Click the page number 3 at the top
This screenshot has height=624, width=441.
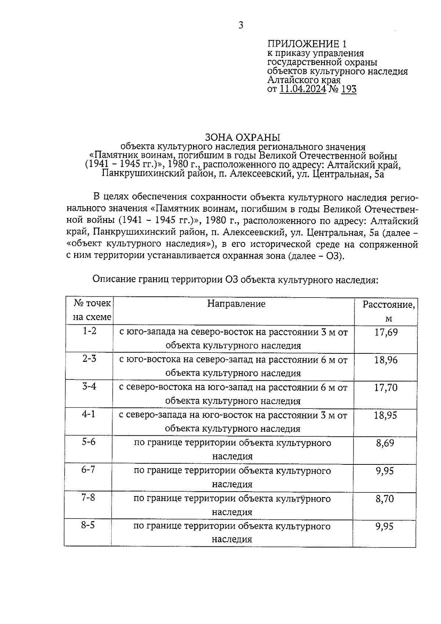(x=241, y=25)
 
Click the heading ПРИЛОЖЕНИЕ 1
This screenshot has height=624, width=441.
(x=307, y=44)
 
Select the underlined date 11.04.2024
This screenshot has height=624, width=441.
(x=303, y=89)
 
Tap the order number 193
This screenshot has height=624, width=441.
(x=348, y=89)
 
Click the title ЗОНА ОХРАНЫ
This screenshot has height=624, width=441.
(x=243, y=138)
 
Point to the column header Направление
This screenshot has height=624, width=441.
(x=236, y=304)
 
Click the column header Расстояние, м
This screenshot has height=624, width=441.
(x=389, y=311)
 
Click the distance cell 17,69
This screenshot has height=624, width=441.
(x=386, y=332)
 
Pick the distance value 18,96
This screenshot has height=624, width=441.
(x=386, y=360)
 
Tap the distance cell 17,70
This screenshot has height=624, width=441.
(x=386, y=388)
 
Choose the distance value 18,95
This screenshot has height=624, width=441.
(x=386, y=416)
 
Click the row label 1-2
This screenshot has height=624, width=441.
(x=89, y=331)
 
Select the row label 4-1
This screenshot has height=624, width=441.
(x=89, y=414)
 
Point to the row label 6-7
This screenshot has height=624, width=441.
(x=89, y=470)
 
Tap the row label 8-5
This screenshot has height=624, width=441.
(x=88, y=525)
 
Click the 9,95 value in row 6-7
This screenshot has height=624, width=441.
(x=385, y=471)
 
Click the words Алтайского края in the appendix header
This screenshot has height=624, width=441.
(x=304, y=80)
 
